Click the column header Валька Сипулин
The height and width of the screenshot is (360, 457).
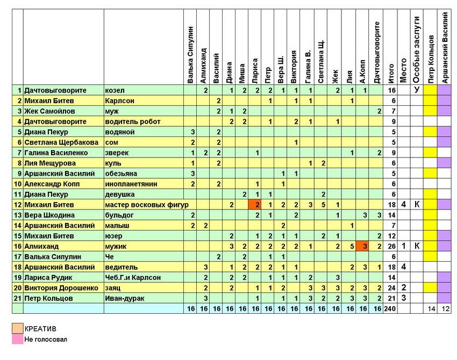(191, 54)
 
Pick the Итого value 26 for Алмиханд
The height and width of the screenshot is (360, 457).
(391, 246)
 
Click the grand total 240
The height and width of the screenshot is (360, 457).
(391, 308)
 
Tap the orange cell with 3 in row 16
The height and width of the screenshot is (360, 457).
(365, 246)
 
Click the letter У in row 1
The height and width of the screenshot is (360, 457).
(417, 90)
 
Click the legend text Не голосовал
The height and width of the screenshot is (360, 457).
(46, 339)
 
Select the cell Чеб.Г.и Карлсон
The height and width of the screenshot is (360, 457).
(133, 277)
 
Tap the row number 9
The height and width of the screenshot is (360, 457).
(19, 174)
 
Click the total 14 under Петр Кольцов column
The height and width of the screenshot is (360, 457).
(430, 308)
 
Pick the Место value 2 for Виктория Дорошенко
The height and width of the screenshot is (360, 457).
(403, 287)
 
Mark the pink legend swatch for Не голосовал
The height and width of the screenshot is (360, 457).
(18, 339)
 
